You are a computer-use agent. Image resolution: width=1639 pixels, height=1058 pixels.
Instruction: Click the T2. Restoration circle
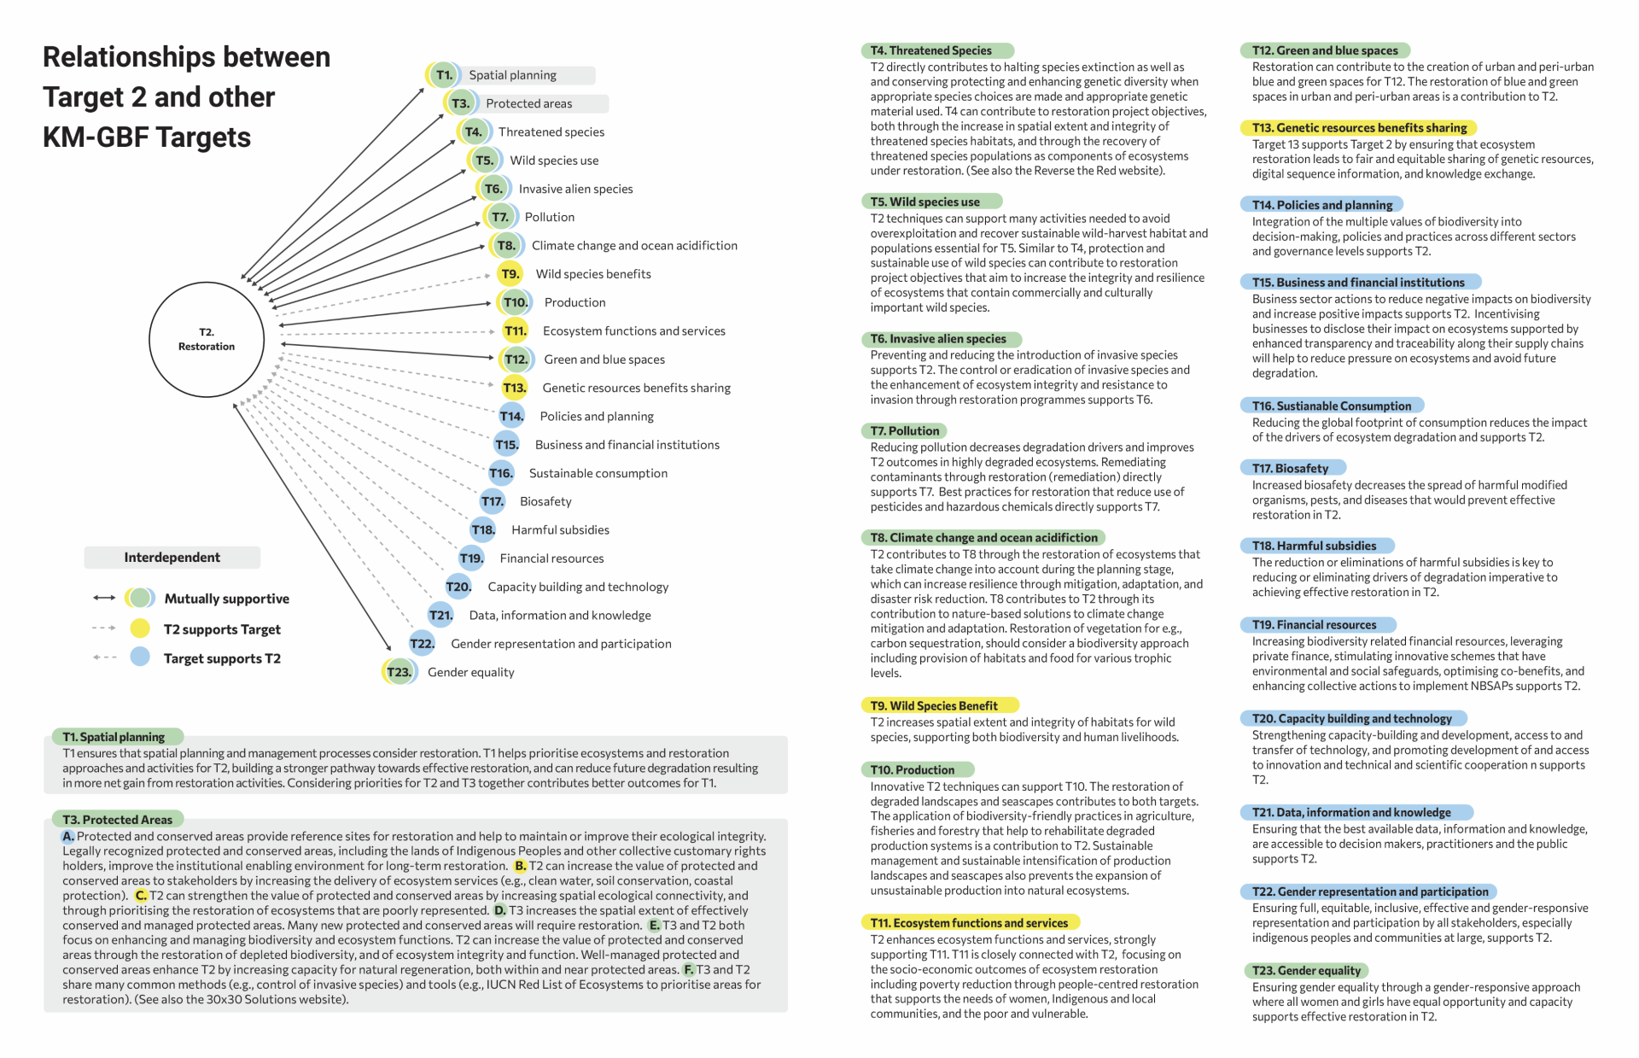coord(207,339)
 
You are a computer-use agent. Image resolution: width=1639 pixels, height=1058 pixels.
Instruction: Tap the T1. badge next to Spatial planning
coord(444,75)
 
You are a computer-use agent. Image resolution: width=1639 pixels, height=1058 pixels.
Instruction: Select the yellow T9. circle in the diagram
coord(510,274)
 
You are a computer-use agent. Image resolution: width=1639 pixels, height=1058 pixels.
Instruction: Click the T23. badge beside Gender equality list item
coord(399,672)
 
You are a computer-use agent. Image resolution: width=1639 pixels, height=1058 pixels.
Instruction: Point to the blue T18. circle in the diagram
coord(483,529)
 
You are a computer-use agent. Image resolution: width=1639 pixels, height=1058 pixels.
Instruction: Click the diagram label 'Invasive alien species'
coord(575,189)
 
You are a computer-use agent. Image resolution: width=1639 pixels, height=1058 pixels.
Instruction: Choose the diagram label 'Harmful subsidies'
coord(560,529)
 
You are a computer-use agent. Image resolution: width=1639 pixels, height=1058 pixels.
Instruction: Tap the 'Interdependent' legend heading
coord(172,558)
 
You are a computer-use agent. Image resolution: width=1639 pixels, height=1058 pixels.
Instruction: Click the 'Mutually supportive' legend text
coord(226,599)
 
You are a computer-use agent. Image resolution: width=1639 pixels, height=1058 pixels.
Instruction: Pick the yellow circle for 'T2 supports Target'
coord(140,628)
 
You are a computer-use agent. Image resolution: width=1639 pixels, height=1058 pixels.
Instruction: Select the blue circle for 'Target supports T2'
coord(140,658)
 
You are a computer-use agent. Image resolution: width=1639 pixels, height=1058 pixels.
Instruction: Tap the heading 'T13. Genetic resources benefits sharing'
coord(1358,128)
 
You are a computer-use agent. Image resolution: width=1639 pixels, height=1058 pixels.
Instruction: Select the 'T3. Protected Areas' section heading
coord(117,820)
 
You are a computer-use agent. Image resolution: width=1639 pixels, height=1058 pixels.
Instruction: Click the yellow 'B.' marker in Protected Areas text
coord(520,866)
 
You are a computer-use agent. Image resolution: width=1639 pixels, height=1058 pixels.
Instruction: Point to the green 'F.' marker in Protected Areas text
coord(688,970)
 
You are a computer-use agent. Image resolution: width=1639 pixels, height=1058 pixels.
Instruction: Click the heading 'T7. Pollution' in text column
coord(905,431)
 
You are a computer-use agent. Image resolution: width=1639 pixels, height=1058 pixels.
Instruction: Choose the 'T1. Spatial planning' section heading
coord(114,737)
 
